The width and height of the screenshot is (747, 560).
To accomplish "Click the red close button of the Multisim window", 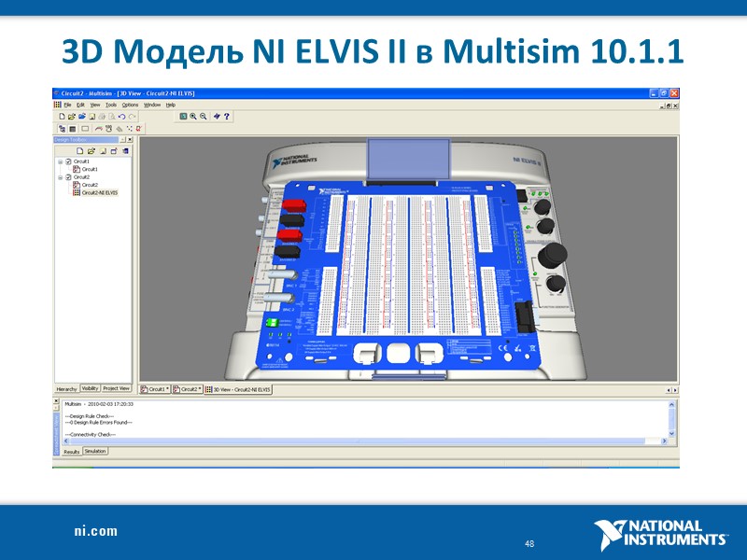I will (674, 93).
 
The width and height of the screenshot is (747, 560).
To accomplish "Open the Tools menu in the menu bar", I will (111, 105).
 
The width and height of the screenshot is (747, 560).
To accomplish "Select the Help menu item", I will (171, 105).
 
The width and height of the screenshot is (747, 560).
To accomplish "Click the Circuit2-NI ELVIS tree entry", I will (99, 192).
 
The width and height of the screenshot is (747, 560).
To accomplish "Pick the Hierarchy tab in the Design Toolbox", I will (66, 388).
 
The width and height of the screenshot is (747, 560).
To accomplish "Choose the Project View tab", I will (117, 388).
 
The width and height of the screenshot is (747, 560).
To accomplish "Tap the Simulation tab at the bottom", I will (95, 451).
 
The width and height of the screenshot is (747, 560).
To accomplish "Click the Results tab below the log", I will (71, 451).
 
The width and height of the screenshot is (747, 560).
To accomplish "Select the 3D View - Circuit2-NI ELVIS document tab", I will (242, 388).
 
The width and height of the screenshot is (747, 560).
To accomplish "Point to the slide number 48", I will (529, 543).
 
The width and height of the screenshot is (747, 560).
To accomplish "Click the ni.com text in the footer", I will (96, 531).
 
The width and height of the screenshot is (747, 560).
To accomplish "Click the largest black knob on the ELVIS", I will (551, 254).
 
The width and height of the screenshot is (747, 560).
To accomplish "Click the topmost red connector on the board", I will (294, 204).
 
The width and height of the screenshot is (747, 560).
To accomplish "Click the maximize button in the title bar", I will (663, 93).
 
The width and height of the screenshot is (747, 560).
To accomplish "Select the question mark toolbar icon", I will (227, 117).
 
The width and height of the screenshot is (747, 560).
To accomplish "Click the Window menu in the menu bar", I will (151, 105).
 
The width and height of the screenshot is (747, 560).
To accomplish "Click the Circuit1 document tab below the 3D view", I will (156, 388).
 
